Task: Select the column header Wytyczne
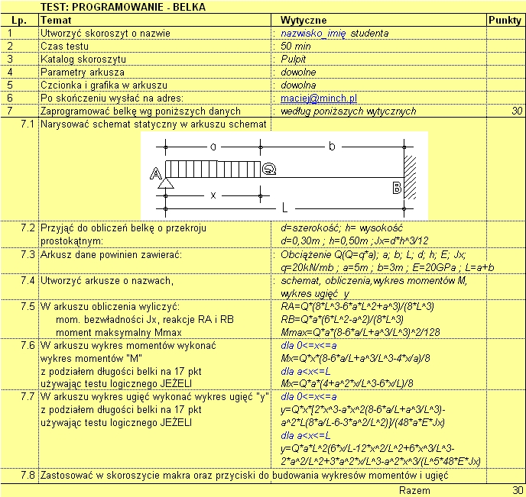304,20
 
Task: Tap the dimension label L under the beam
284,207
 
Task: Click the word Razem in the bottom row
415,490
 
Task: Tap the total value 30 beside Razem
518,490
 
